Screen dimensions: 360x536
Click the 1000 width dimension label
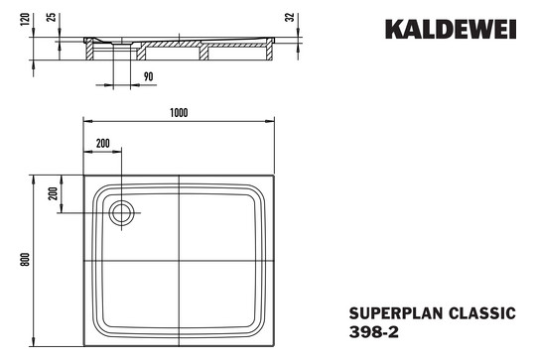point(179,112)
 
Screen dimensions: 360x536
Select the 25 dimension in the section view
point(52,21)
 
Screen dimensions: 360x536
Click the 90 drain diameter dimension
point(146,75)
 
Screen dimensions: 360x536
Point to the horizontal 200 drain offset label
point(103,144)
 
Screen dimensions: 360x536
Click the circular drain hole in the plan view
point(122,211)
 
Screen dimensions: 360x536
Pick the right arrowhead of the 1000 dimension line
point(272,120)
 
